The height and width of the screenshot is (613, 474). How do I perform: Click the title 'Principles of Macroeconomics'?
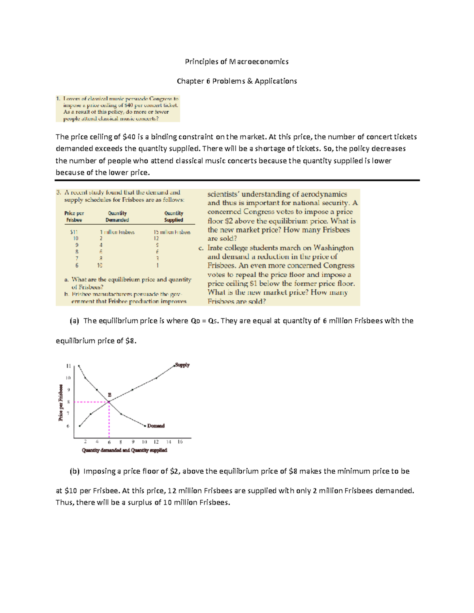click(237, 62)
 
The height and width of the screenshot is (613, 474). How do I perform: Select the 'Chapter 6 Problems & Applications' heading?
click(237, 81)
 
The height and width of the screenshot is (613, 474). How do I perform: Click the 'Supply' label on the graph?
click(182, 365)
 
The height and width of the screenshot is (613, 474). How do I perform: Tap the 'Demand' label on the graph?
click(156, 426)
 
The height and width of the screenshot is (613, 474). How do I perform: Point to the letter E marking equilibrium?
click(110, 395)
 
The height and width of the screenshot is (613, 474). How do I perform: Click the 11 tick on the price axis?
click(68, 366)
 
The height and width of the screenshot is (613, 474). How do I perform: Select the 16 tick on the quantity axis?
click(180, 442)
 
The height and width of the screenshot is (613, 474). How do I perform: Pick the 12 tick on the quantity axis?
click(156, 442)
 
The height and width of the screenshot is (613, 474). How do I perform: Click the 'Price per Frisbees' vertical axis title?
click(61, 403)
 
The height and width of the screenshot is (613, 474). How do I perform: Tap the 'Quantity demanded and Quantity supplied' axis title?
click(124, 450)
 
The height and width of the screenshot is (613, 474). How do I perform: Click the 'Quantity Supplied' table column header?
click(174, 217)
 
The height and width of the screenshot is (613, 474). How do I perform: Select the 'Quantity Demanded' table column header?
click(117, 217)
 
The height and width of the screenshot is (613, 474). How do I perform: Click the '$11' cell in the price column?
click(74, 232)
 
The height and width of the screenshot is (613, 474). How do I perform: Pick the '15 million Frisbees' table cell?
click(172, 232)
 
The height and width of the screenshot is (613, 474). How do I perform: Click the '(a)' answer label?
click(74, 321)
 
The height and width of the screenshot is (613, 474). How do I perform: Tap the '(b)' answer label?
click(74, 471)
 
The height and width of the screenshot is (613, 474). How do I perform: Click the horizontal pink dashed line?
click(91, 402)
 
